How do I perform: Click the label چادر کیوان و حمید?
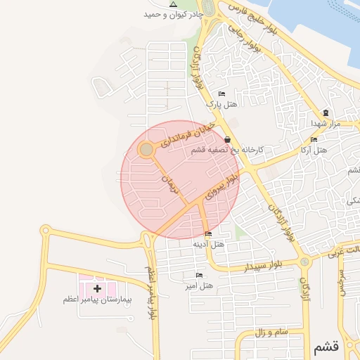pyautogui.click(x=174, y=15)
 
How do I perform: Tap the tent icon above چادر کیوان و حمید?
pyautogui.click(x=174, y=4)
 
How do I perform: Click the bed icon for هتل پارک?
pyautogui.click(x=222, y=94)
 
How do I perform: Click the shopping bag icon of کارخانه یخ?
pyautogui.click(x=226, y=140)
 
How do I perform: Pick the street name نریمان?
pyautogui.click(x=171, y=184)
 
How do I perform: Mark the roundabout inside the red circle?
pyautogui.click(x=146, y=149)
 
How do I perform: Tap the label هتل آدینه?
pyautogui.click(x=208, y=244)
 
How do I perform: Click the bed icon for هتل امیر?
pyautogui.click(x=199, y=275)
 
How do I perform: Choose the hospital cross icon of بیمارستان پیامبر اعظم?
pyautogui.click(x=97, y=288)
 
